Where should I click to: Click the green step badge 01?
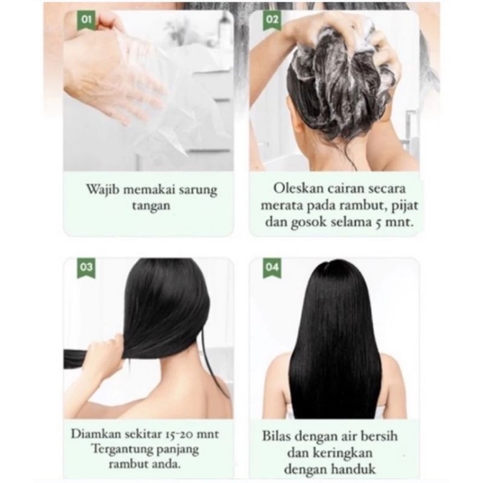coord(86,21)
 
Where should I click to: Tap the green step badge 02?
coord(272,21)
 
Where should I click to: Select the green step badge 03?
coord(86,267)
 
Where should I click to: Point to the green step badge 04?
coord(272,267)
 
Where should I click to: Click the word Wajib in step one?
coord(103,190)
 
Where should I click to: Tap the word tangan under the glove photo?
coord(151,206)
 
